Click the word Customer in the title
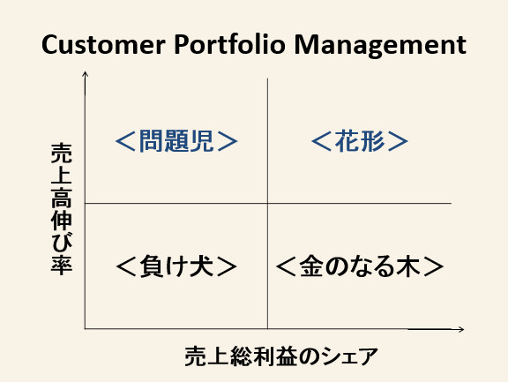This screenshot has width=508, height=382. click(104, 45)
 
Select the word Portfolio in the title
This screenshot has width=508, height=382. click(229, 44)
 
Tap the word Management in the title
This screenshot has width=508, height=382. click(380, 46)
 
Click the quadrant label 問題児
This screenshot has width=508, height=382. click(176, 141)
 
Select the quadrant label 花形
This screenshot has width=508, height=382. click(360, 141)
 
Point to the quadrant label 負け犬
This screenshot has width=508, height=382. click(176, 266)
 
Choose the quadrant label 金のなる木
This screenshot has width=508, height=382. click(360, 266)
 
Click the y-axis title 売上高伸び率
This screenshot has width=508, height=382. click(62, 209)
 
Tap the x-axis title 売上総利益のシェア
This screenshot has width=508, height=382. click(281, 356)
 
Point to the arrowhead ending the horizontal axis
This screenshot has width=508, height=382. click(462, 329)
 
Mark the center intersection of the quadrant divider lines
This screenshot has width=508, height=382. click(267, 204)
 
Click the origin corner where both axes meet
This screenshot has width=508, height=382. click(85, 329)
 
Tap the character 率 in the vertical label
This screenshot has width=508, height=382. click(62, 265)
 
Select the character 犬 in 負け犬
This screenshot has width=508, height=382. click(202, 266)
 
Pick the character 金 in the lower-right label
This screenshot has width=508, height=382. click(311, 266)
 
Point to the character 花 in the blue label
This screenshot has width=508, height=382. click(347, 141)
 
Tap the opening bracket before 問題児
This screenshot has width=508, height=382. click(125, 141)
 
